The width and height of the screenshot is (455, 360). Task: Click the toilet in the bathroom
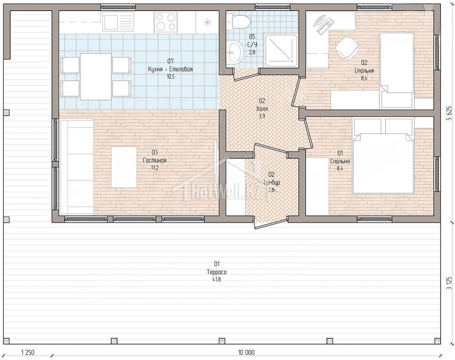239,20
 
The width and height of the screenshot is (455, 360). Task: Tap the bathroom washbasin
235,52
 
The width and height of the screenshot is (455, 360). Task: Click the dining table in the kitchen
96,77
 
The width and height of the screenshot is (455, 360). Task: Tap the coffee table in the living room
124,167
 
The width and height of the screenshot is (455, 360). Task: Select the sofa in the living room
77,167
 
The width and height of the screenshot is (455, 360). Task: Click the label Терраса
217,272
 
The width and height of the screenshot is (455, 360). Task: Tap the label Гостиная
155,161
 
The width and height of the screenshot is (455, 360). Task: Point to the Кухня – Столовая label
170,70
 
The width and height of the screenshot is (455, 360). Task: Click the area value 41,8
217,280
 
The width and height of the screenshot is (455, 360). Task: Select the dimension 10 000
246,353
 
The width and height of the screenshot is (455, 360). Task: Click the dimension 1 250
28,353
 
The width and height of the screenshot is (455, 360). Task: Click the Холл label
262,109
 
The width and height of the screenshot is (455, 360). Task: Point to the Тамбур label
272,183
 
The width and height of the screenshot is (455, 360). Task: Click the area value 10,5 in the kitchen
170,77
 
